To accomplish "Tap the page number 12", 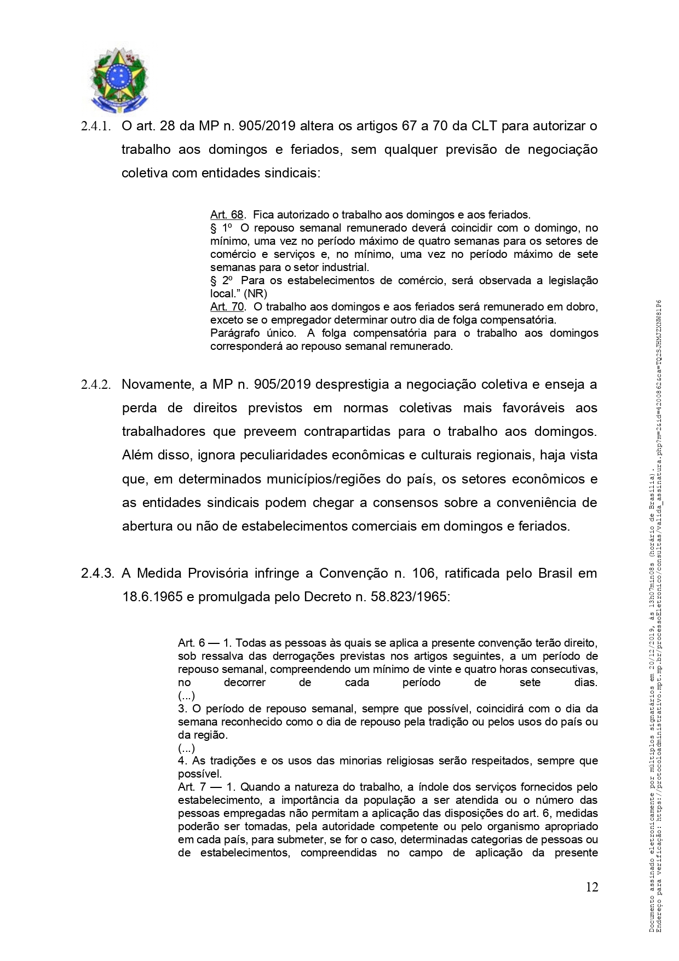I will pos(591,887).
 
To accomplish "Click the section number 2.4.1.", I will pos(96,126).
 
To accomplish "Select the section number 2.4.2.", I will pos(96,385).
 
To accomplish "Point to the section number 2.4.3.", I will pos(97,573).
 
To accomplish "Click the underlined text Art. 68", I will pos(227,215).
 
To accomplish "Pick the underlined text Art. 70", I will pos(227,307).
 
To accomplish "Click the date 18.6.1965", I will pos(152,596).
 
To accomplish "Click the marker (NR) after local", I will pos(256,294).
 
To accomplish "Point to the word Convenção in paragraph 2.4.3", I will pos(353,573).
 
